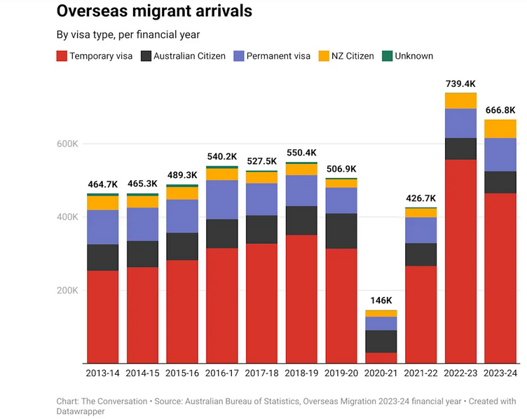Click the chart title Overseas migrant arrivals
pos(154,12)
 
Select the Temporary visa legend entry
pos(95,56)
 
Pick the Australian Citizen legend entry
pos(183,56)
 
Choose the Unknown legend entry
pos(408,56)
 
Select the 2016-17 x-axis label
pos(222,374)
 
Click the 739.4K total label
pos(460,85)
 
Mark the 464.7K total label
pos(102,185)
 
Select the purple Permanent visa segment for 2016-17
pos(222,200)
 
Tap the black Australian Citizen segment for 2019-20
pos(341,231)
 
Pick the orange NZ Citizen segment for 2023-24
pos(500,129)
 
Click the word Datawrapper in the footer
pos(81,412)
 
